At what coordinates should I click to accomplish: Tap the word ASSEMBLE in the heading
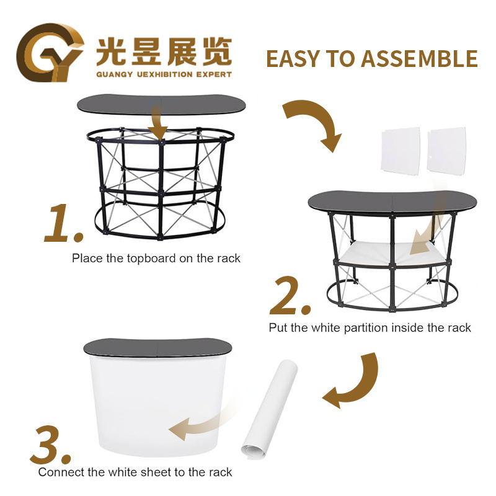[x=419, y=59]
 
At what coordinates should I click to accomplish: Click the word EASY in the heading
[x=293, y=59]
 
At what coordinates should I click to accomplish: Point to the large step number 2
[x=290, y=296]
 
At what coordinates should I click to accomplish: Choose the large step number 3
[x=51, y=446]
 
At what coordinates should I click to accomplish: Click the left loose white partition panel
[x=401, y=151]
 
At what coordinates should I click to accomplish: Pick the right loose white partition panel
[x=446, y=151]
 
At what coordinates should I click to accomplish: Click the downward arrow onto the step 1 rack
[x=157, y=122]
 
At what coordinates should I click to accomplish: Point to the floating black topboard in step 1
[x=161, y=104]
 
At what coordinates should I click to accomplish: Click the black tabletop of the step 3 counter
[x=157, y=347]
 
